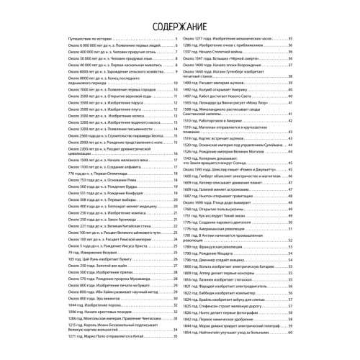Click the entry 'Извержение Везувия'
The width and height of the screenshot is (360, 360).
(97, 273)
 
